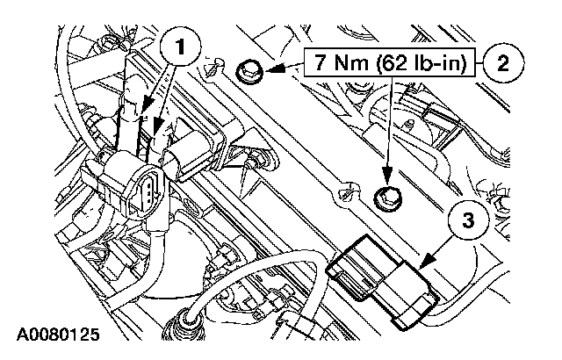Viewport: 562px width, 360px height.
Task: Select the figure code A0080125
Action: [57, 335]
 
